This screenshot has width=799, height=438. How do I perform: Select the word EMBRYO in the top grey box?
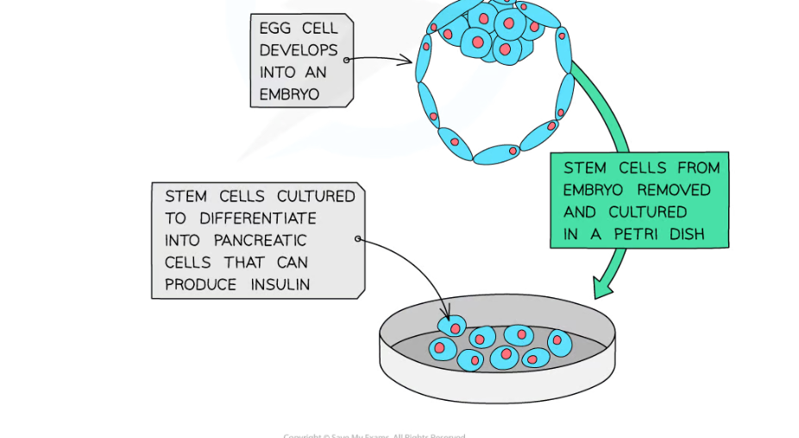(289, 93)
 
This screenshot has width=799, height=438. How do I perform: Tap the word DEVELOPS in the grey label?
(299, 50)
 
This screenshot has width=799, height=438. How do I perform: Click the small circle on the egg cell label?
(347, 60)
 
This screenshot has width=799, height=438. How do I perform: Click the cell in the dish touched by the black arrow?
(451, 327)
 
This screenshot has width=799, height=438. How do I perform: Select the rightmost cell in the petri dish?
(559, 341)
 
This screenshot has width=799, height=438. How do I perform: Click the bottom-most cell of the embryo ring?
(496, 155)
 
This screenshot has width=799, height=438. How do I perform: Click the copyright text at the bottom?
(374, 435)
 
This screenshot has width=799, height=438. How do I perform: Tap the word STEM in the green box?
(584, 168)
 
